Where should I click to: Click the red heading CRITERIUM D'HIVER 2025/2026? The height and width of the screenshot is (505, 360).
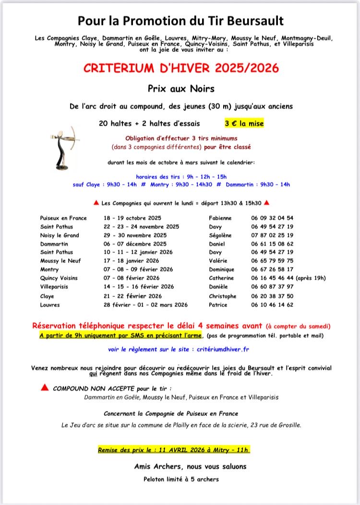[181, 68]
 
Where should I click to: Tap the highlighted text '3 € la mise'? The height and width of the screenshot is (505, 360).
[244, 123]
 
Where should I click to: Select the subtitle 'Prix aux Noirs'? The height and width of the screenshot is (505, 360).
[181, 88]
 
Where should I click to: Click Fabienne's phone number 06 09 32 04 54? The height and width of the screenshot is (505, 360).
[272, 218]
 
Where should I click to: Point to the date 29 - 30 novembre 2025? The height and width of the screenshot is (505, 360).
[135, 235]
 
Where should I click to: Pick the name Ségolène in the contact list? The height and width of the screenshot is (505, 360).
[220, 235]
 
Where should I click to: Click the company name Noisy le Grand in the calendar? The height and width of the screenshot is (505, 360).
[60, 235]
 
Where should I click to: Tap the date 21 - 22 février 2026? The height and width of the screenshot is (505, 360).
[133, 296]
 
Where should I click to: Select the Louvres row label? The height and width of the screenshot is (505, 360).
[50, 305]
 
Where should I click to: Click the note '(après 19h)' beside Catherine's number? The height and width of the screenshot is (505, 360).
[311, 278]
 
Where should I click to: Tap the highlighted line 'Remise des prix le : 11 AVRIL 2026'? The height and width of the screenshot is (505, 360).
[173, 450]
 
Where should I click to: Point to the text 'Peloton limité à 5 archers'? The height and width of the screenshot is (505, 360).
[181, 479]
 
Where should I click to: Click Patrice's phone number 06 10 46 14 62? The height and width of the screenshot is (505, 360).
[272, 305]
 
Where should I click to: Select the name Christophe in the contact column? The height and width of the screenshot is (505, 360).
[223, 296]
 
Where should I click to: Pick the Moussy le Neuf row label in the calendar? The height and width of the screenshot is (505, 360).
[60, 260]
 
